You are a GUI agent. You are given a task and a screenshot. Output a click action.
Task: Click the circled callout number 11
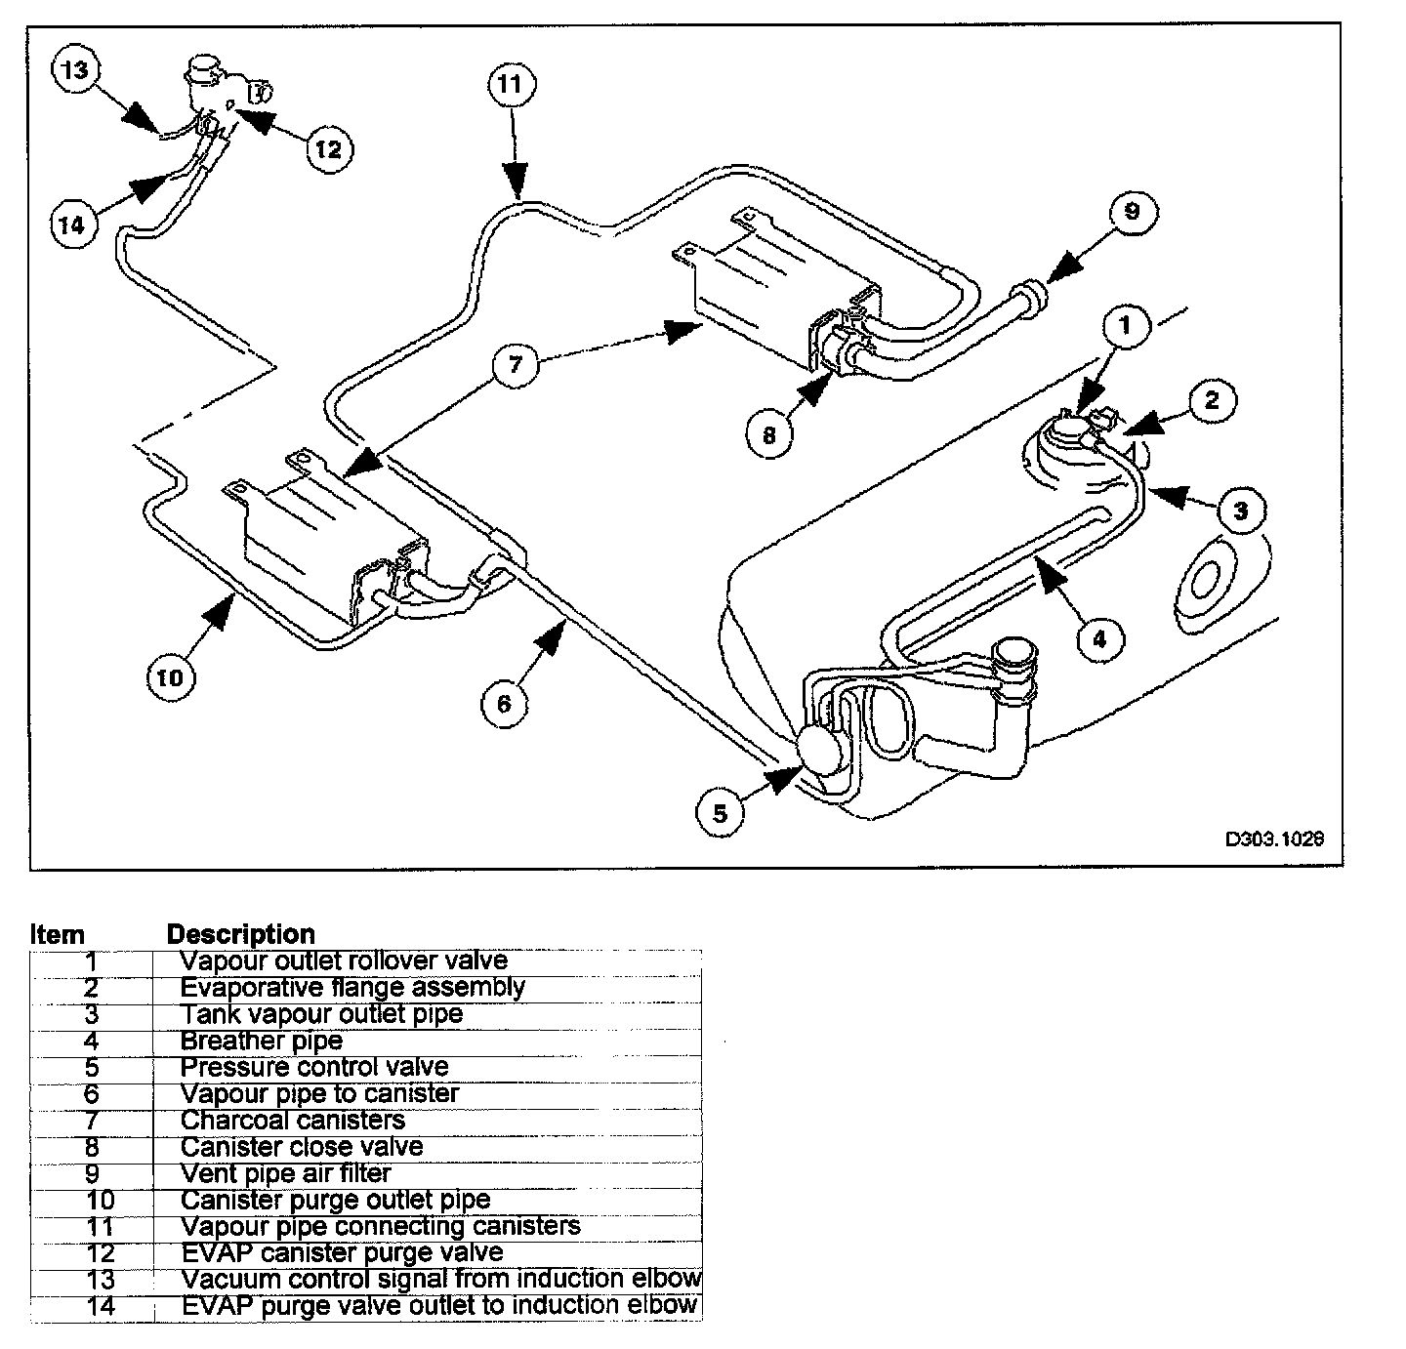point(510,86)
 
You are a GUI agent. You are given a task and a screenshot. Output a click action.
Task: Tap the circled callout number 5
point(721,812)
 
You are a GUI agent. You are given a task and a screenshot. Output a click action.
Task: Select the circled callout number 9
point(1131,211)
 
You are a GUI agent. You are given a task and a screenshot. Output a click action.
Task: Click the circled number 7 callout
point(517,365)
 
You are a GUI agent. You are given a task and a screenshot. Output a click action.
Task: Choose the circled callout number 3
point(1240,510)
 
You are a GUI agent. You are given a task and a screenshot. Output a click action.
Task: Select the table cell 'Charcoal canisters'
point(293,1121)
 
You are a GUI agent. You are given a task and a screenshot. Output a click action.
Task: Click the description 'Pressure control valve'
point(314,1067)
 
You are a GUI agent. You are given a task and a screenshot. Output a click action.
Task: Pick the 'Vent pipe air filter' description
point(286,1173)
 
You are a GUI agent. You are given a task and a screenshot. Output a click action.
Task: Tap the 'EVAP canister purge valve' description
point(342,1252)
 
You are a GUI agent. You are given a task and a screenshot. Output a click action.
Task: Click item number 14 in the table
point(100,1305)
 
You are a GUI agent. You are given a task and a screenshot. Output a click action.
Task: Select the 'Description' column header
point(241,934)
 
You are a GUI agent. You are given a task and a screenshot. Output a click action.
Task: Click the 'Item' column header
point(58,934)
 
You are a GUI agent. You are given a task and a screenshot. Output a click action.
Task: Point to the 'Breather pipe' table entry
point(262,1041)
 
